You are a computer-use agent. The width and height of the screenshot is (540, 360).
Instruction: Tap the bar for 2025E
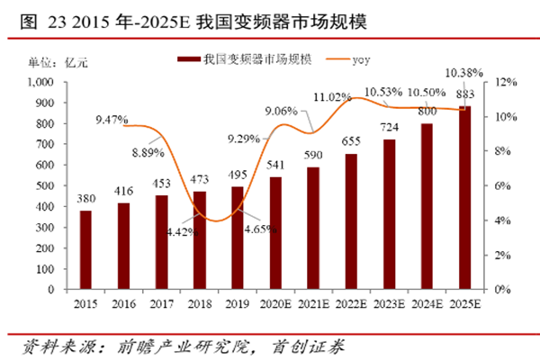[x=465, y=197]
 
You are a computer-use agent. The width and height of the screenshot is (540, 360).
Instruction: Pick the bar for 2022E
[x=351, y=220]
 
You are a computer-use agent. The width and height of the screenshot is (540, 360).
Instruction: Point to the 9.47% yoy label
[x=112, y=119]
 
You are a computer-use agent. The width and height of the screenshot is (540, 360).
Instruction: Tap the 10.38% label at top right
[x=464, y=71]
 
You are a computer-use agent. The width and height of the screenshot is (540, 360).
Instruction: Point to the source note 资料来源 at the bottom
[x=180, y=346]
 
